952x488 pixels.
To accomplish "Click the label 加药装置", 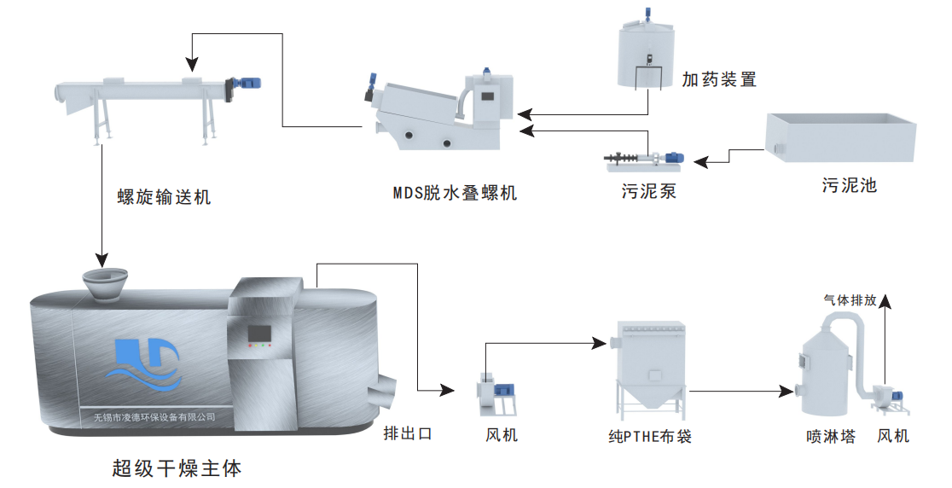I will pyautogui.click(x=719, y=80).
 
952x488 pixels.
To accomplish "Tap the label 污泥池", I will pyautogui.click(x=849, y=185).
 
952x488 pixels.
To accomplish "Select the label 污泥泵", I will pyautogui.click(x=648, y=190).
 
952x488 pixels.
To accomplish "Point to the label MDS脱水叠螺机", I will pyautogui.click(x=454, y=193).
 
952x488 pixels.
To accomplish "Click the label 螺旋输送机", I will pyautogui.click(x=163, y=198).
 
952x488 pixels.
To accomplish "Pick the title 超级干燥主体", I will pyautogui.click(x=177, y=468).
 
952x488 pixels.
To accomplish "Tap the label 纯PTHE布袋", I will pyautogui.click(x=649, y=437).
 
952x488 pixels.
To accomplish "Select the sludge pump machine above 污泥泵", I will pyautogui.click(x=647, y=158).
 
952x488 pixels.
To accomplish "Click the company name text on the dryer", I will pyautogui.click(x=154, y=417).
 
